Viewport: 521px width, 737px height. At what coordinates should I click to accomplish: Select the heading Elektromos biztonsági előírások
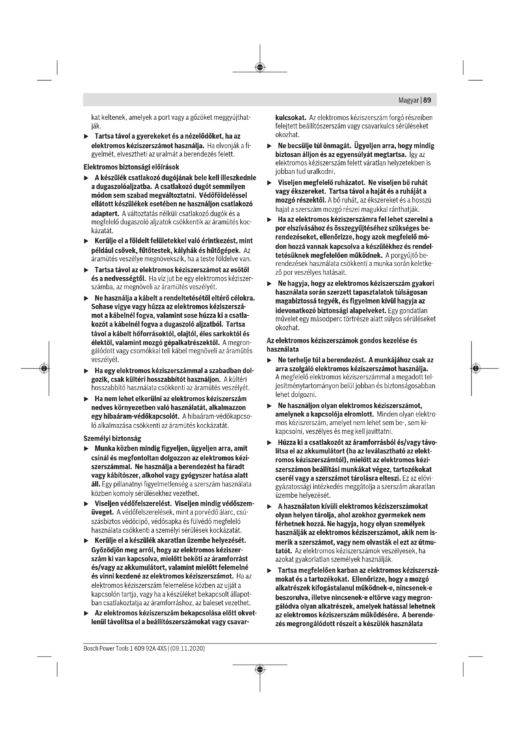131,167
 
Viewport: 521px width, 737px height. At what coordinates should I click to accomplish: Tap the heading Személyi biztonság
112,438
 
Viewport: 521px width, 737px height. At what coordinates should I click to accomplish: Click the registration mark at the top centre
260,67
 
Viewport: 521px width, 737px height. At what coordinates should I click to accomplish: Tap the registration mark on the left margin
44,368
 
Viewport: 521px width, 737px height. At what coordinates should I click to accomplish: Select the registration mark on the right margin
476,368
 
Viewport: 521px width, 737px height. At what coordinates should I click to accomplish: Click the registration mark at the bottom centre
260,669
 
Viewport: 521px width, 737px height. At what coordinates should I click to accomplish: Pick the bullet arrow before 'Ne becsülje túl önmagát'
270,147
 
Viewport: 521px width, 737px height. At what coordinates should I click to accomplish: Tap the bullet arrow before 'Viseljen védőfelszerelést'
86,503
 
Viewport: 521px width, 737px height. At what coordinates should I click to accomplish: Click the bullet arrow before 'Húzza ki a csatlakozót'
270,443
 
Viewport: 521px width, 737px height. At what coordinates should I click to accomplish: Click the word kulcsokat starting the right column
291,118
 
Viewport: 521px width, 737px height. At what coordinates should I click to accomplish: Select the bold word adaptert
105,213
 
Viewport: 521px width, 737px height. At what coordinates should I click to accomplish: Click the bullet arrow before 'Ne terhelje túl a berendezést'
270,360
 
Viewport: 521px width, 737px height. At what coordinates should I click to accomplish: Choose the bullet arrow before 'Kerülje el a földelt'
86,241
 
